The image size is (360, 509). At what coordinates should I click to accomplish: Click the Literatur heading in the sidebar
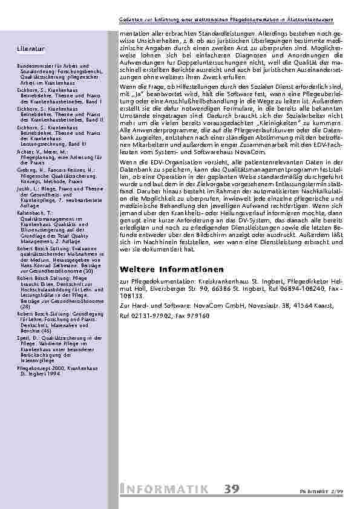pyautogui.click(x=30, y=48)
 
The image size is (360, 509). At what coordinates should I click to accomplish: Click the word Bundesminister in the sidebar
pyautogui.click(x=34, y=65)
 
